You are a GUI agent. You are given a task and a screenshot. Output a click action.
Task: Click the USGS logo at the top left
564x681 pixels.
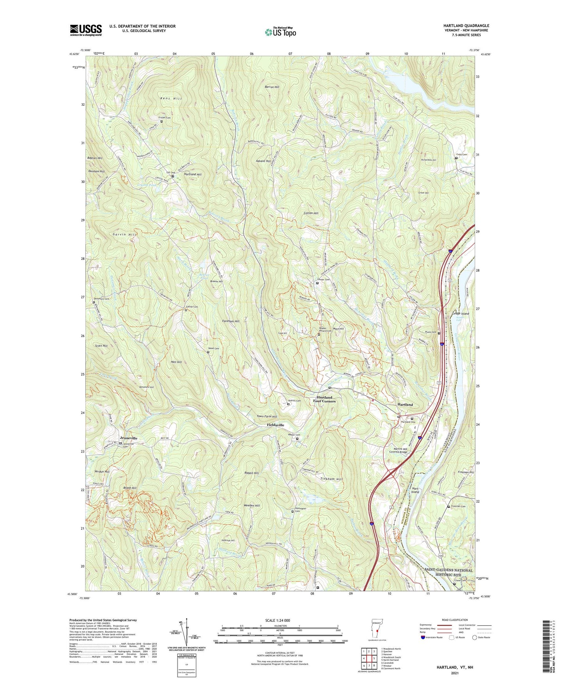(x=86, y=30)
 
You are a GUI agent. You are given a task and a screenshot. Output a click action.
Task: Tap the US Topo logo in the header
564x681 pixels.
(x=280, y=32)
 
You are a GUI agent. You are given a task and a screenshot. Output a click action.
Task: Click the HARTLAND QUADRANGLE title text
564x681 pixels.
(x=466, y=26)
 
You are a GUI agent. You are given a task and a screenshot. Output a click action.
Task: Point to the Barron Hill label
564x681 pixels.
(x=272, y=87)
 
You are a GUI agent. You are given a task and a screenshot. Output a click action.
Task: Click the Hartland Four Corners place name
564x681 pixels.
(x=324, y=399)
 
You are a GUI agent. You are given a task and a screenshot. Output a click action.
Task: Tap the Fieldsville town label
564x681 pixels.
(x=276, y=425)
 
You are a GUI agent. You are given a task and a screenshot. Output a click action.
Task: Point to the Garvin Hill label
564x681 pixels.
(x=125, y=235)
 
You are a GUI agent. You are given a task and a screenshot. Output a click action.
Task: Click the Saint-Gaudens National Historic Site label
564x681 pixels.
(x=448, y=573)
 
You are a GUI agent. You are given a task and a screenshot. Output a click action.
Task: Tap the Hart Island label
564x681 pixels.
(x=415, y=490)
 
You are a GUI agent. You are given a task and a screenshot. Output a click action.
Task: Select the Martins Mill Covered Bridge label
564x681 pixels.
(x=398, y=450)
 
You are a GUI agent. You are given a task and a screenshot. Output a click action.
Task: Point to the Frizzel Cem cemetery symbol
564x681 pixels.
(x=162, y=121)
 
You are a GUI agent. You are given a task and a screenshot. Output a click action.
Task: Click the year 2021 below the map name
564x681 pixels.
(x=454, y=673)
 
